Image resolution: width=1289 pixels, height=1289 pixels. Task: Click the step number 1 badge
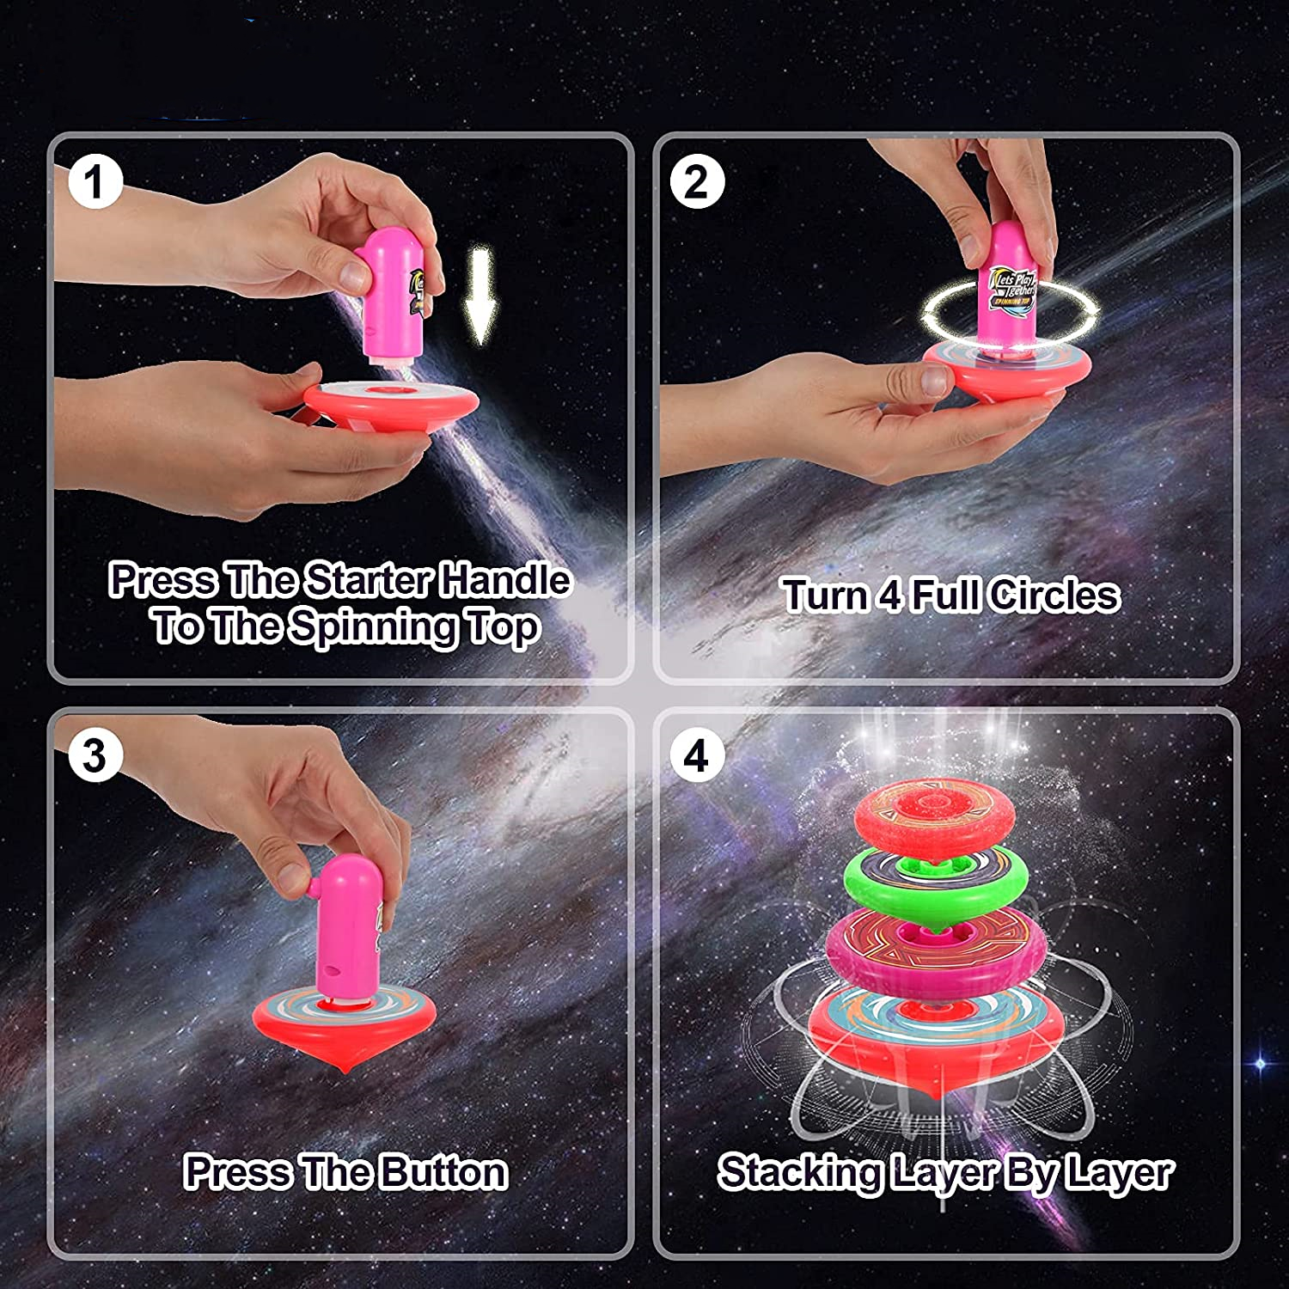[x=95, y=182]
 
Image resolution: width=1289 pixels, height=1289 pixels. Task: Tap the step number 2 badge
[x=696, y=182]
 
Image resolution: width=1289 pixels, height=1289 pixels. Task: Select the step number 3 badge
[x=95, y=756]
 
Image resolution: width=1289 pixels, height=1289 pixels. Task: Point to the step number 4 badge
[x=696, y=756]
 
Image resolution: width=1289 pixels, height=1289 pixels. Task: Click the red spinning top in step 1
[x=391, y=404]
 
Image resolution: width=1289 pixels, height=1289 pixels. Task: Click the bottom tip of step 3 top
[x=345, y=1068]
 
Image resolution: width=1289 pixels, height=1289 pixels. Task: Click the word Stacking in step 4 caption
[x=800, y=1173]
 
